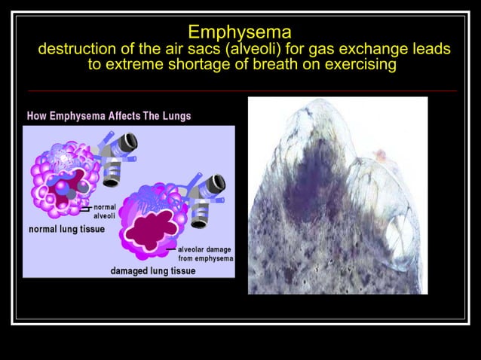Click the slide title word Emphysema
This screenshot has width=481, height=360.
[240, 32]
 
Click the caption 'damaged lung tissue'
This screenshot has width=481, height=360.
[153, 270]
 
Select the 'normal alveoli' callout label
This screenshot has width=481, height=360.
[104, 211]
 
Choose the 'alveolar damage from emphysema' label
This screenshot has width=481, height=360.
[205, 254]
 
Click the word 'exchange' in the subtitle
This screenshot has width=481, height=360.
[366, 50]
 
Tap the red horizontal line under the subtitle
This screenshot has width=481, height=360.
[240, 90]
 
